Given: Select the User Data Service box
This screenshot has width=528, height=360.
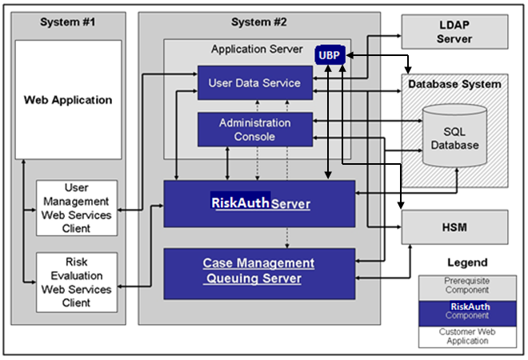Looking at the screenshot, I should (x=254, y=83).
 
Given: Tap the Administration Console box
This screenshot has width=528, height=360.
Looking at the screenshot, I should (x=254, y=130).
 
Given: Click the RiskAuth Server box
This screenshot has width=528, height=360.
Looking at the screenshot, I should (x=259, y=203).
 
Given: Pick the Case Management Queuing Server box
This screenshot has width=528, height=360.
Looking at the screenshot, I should (x=259, y=271).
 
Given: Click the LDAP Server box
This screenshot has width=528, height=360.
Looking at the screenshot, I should (x=454, y=31).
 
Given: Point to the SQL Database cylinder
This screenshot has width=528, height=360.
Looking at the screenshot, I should (x=454, y=138).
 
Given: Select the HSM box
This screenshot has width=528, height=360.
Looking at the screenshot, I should (x=454, y=228).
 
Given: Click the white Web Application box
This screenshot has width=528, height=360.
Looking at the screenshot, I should (x=68, y=100).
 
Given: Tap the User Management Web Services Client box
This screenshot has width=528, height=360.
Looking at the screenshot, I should (x=77, y=207).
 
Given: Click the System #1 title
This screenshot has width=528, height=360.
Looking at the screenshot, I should (x=67, y=22).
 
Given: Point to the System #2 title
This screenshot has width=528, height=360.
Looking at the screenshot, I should (x=258, y=22).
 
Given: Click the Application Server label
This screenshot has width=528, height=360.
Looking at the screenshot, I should (x=257, y=49).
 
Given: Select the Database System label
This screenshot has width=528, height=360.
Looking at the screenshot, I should (x=454, y=84).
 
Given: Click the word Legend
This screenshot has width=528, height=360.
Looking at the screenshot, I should (x=466, y=262).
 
